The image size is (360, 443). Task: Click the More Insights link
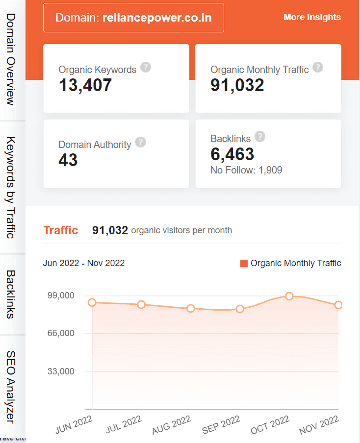tap(312, 17)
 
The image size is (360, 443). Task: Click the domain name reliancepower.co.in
tap(157, 18)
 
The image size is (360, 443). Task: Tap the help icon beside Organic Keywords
tap(145, 67)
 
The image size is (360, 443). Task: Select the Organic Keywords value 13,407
tap(85, 85)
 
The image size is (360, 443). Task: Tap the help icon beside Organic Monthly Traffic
tap(318, 67)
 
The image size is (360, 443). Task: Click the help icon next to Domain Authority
tap(141, 142)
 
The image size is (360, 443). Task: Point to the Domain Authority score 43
tap(68, 160)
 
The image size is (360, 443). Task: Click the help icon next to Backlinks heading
tap(260, 137)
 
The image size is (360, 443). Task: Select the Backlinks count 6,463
tap(232, 154)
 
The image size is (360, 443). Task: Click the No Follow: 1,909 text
tap(246, 171)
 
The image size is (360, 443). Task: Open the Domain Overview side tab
tap(12, 59)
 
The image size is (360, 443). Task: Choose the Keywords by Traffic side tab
tap(12, 187)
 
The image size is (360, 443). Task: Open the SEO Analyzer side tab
tap(12, 386)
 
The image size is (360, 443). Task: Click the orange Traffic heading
tap(61, 230)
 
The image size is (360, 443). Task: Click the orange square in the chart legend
tap(244, 264)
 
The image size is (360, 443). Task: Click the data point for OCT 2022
tap(289, 296)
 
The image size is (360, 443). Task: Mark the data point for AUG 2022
tap(191, 308)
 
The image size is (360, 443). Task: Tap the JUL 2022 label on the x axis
tap(124, 424)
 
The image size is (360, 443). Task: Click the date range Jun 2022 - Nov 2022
tap(84, 263)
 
